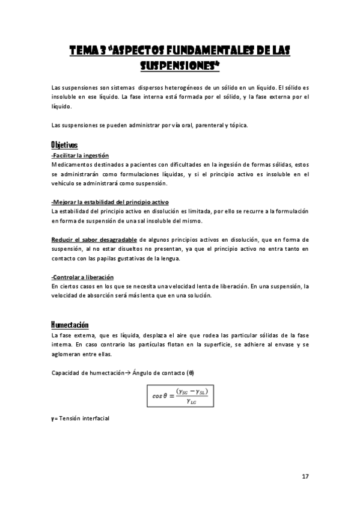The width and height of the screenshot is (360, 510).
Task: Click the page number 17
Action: pos(305,476)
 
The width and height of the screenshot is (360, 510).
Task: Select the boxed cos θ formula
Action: pos(180,396)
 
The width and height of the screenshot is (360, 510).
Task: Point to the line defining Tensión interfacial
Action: pos(81,417)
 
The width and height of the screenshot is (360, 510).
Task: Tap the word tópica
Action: pos(236,125)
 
